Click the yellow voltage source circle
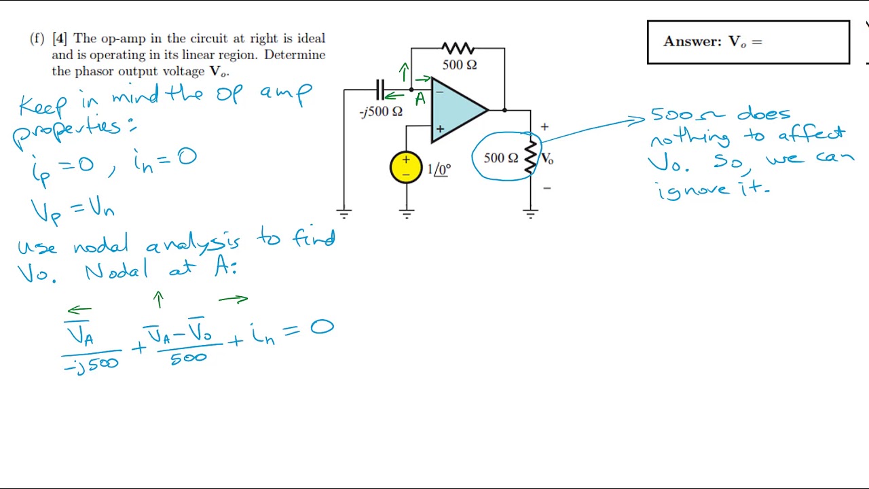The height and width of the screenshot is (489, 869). [x=406, y=168]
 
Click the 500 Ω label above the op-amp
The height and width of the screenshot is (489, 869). [x=460, y=65]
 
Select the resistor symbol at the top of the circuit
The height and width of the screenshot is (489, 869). [x=458, y=48]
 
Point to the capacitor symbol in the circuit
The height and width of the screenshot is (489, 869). [x=380, y=90]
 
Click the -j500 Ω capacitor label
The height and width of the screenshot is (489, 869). [x=381, y=112]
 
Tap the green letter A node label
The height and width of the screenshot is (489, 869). [x=420, y=99]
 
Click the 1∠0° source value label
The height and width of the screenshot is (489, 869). [x=439, y=169]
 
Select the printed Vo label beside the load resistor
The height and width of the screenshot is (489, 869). [x=547, y=159]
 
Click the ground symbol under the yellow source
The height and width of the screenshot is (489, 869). [x=407, y=215]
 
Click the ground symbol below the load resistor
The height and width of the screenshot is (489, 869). [x=530, y=215]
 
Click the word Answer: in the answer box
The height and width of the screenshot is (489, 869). [x=692, y=42]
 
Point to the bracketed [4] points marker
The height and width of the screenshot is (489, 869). [x=60, y=39]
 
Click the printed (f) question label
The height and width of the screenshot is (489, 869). [x=37, y=39]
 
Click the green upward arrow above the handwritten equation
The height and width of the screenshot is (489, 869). [x=159, y=300]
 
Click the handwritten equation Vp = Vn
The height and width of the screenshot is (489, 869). [x=73, y=210]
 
